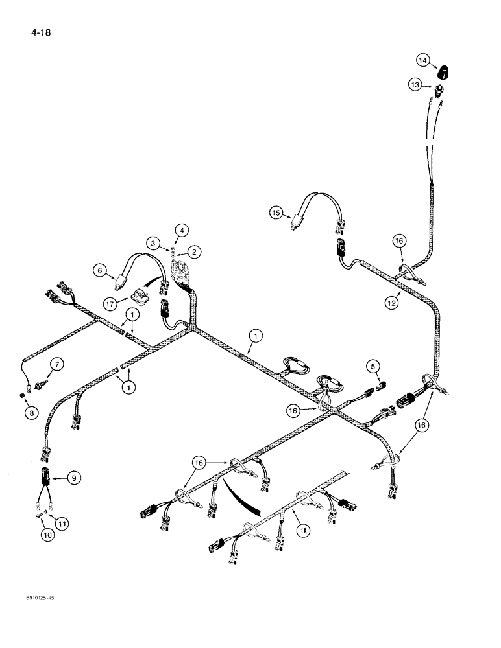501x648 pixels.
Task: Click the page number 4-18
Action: pos(31,30)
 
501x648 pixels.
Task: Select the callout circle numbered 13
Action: pos(414,84)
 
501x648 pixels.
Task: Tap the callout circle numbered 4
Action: pos(182,229)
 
